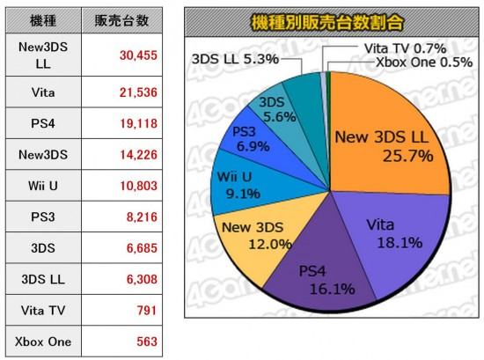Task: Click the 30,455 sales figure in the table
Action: click(x=138, y=55)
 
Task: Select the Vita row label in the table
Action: click(x=43, y=92)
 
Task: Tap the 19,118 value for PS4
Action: click(x=138, y=123)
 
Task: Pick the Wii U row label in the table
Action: click(x=43, y=186)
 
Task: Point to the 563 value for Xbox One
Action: click(x=147, y=342)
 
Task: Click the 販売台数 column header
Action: click(x=121, y=21)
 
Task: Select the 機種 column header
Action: click(x=43, y=21)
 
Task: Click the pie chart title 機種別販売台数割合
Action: click(x=327, y=23)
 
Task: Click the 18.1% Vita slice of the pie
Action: click(x=398, y=238)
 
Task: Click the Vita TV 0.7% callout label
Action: click(x=405, y=48)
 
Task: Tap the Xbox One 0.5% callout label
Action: click(x=424, y=62)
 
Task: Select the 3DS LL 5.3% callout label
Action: click(x=235, y=59)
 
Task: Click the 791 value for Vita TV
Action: click(x=147, y=311)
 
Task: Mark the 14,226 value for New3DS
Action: click(x=138, y=155)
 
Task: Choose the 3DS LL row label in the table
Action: click(x=43, y=279)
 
